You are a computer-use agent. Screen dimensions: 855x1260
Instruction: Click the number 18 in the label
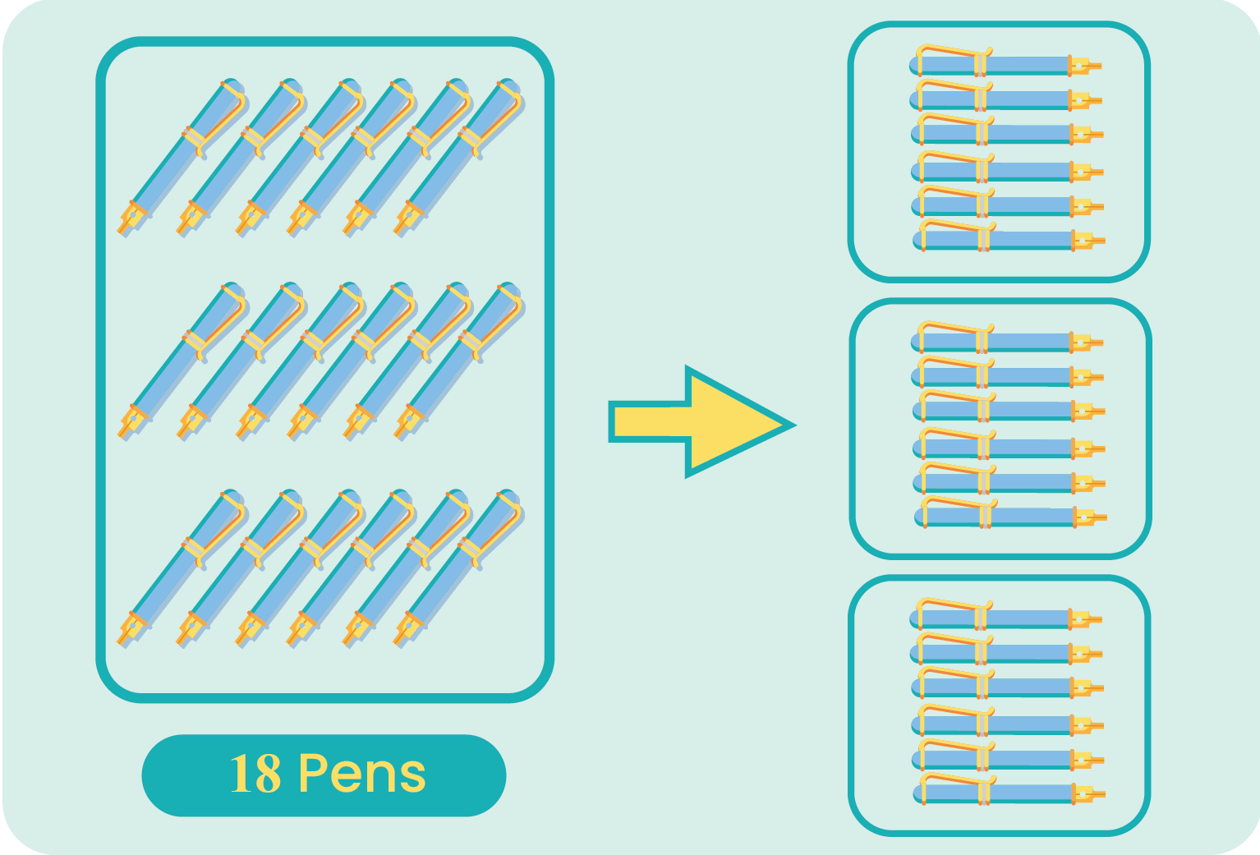pos(255,774)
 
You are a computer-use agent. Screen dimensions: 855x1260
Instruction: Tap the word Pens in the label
pos(362,774)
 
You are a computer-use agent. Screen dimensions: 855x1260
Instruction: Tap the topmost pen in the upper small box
pos(1006,64)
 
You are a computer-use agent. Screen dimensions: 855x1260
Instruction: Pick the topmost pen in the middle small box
pos(1007,341)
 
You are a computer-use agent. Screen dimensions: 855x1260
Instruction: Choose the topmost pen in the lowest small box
pos(1006,618)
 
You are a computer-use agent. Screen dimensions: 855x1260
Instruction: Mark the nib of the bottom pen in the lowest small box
pos(1091,794)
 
